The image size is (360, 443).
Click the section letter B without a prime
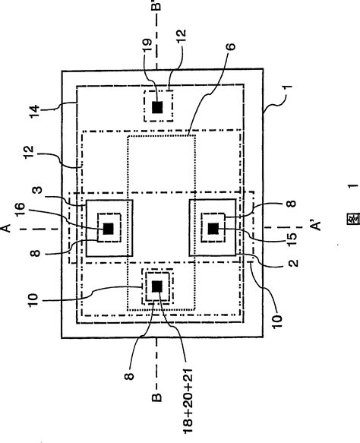158,415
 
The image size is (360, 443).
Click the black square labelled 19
157,107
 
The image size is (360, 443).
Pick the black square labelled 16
109,227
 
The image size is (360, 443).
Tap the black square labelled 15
213,228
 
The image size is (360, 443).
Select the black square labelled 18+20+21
157,286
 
